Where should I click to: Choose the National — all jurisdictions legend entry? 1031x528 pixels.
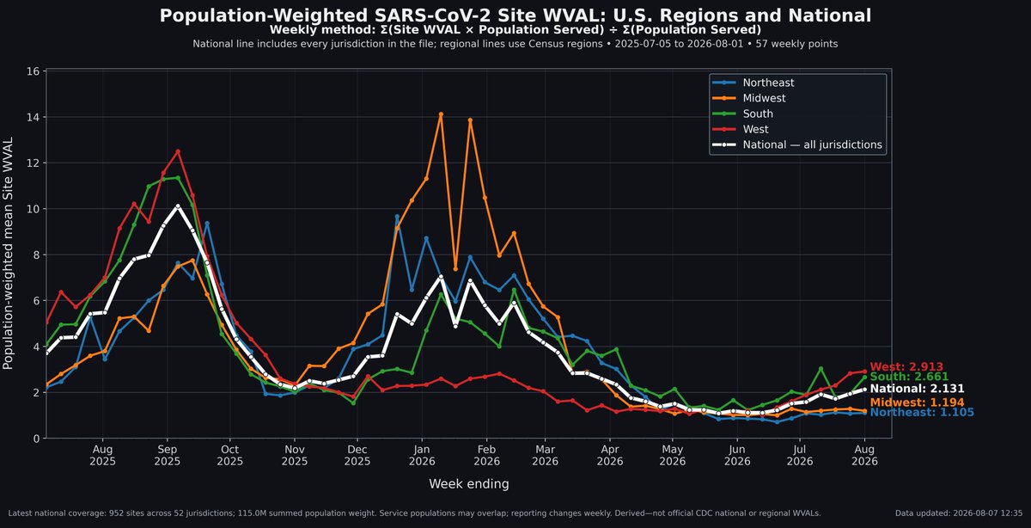tap(797, 144)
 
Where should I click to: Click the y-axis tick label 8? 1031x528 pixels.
tap(36, 255)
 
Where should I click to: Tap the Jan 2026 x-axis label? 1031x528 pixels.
tap(422, 455)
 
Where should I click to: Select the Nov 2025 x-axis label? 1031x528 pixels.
tap(295, 455)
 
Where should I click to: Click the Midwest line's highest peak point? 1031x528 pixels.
tap(441, 114)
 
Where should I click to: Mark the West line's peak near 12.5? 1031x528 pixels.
tap(178, 151)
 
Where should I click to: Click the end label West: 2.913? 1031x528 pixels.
tap(906, 366)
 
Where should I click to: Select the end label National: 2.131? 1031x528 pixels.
tap(917, 389)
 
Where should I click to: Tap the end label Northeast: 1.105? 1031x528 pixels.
tap(922, 413)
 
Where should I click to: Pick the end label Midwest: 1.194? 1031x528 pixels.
tap(917, 402)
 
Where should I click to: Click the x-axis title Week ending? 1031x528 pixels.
tap(469, 484)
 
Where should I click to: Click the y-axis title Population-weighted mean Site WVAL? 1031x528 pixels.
tap(8, 254)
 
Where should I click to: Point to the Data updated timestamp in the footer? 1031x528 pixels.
tap(959, 513)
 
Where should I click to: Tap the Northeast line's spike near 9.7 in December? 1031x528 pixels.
tap(397, 216)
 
